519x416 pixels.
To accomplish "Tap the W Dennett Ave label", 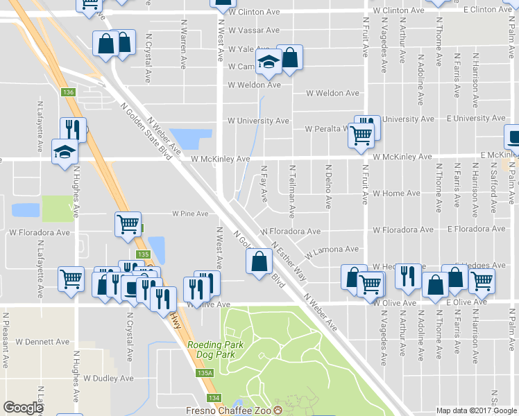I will point(43,342).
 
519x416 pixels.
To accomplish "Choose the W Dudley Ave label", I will point(108,379).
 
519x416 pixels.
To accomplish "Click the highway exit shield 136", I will point(67,92).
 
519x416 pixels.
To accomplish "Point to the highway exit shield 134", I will point(214,397).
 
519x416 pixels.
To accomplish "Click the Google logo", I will point(23,408).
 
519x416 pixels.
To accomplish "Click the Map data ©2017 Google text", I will point(477,410).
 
